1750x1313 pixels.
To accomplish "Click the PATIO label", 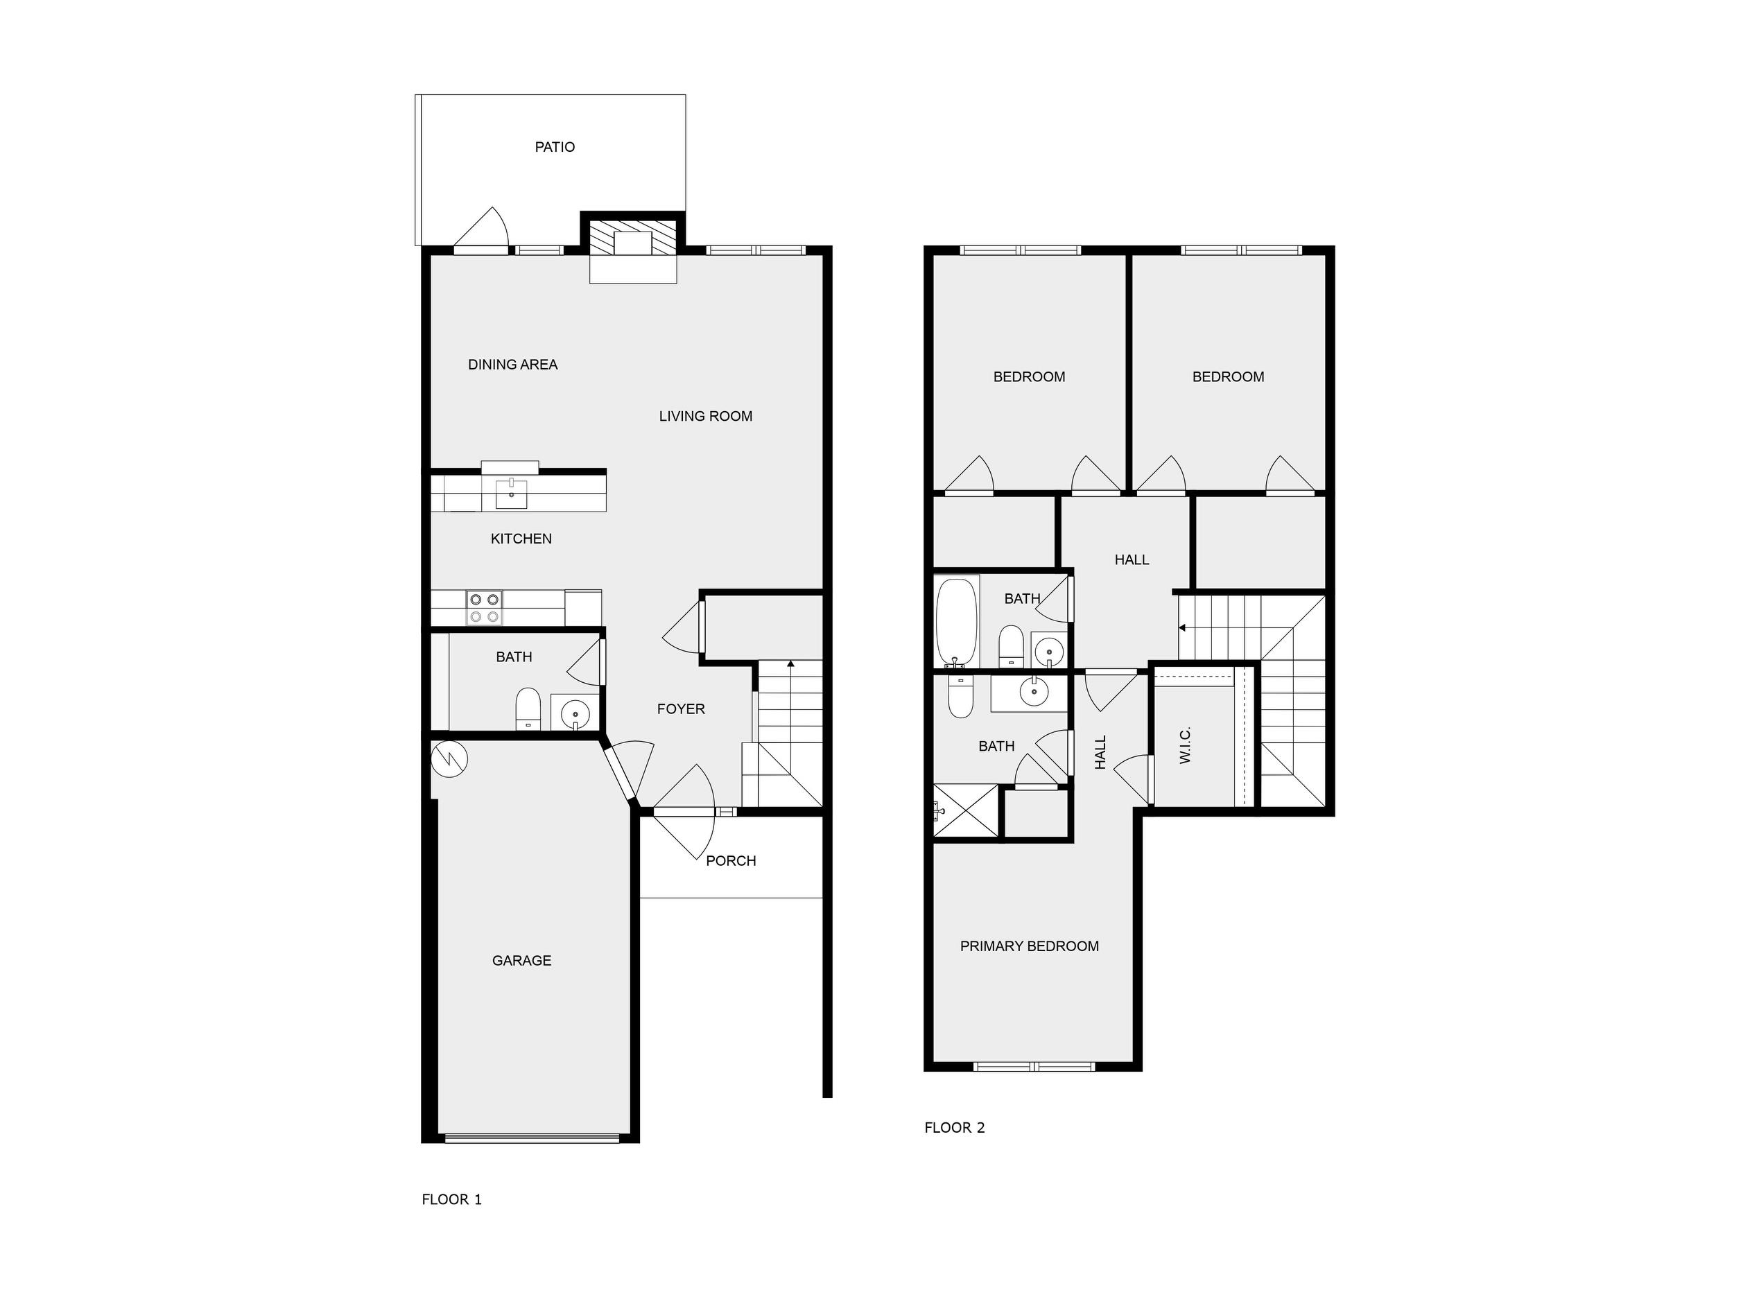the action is coord(555,147).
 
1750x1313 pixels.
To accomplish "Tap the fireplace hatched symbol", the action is coord(633,237).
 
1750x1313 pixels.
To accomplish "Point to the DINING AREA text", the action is coord(512,365).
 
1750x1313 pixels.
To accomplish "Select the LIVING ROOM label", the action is coord(706,416).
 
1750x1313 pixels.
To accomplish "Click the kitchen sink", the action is coord(511,494).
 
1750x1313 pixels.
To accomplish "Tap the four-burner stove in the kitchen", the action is coord(484,608).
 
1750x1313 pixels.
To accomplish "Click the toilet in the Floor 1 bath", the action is coord(528,709).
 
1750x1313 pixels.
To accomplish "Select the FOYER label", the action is coord(680,709).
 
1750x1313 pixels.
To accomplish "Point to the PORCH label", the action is coord(731,860).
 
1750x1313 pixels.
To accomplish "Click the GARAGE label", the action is coord(522,961).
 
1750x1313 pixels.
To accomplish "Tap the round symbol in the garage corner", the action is coord(449,759).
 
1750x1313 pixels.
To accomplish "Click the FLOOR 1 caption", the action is coord(452,1199).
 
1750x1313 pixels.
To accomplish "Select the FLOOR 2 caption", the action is coord(955,1128).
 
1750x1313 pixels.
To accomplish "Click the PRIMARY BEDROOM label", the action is coord(1030,946).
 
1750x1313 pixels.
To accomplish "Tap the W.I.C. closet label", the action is coord(1185,745).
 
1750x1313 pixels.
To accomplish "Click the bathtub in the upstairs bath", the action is coord(958,623).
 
